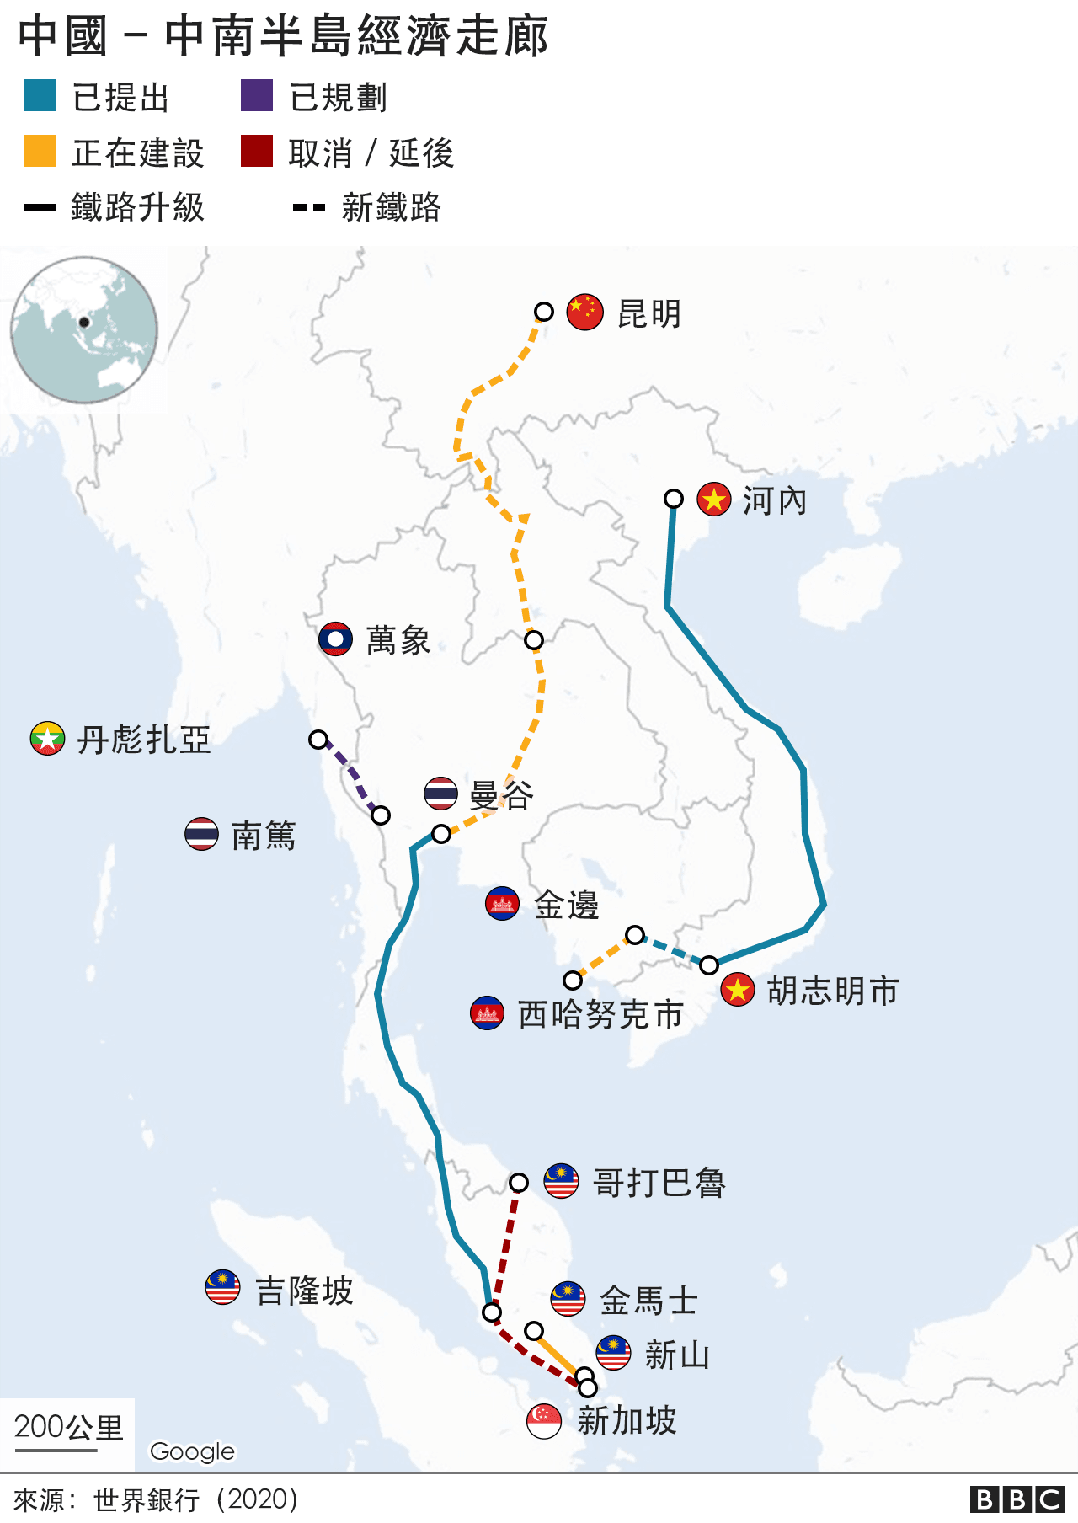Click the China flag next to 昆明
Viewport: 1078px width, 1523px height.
pos(584,312)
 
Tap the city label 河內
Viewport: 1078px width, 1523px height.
pos(774,501)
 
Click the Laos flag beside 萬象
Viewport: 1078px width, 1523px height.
pos(335,639)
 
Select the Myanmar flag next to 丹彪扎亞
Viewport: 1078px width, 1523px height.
pos(47,739)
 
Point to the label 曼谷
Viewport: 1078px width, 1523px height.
pos(501,794)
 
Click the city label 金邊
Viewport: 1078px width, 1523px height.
pos(566,905)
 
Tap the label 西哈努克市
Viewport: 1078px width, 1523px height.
pos(600,1014)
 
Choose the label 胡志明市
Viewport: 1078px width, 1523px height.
pos(833,991)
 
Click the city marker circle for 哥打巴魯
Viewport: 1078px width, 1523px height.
pos(519,1183)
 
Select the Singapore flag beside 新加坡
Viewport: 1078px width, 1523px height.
pos(544,1421)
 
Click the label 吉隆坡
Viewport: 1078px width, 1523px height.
pos(304,1291)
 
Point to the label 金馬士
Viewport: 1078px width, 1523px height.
pos(648,1301)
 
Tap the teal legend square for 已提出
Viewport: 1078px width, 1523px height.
pos(40,96)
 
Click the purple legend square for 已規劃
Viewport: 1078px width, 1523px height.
pos(257,96)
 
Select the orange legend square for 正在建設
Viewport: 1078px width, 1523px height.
pos(40,152)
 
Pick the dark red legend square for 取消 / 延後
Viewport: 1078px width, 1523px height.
pos(257,152)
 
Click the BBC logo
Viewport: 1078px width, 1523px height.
pos(1017,1499)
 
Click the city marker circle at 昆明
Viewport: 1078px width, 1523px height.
pos(544,312)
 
